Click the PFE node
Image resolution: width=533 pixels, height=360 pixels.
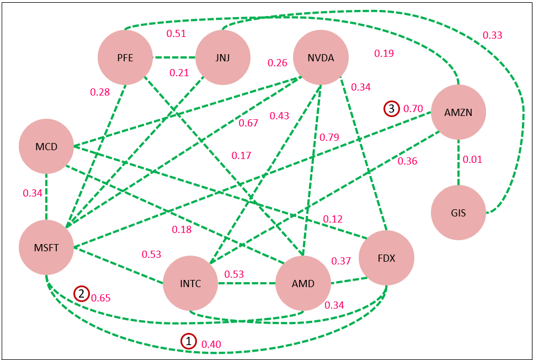[125, 57]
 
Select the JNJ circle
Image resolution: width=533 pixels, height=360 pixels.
[223, 57]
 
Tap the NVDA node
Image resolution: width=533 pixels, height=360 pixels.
[321, 57]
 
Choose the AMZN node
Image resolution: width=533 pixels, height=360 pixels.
[458, 113]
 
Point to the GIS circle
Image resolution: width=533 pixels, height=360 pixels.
[458, 213]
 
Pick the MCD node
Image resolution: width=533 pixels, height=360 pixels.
[46, 147]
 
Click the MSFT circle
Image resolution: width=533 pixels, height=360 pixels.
[46, 247]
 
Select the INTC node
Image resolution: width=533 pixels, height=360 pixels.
[190, 284]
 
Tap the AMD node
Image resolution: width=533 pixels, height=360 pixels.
[302, 284]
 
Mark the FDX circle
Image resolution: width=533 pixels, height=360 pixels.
[386, 258]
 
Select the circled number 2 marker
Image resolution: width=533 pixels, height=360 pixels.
[82, 294]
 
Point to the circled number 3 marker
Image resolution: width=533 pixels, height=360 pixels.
[391, 109]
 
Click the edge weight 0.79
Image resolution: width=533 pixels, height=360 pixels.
[329, 137]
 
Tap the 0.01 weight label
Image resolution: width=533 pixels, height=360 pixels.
[472, 160]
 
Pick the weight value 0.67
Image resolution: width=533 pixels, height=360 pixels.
[248, 123]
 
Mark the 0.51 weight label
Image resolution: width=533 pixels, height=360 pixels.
[176, 34]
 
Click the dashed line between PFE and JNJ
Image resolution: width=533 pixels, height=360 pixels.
[174, 57]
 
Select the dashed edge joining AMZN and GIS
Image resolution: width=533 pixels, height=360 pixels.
[458, 163]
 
